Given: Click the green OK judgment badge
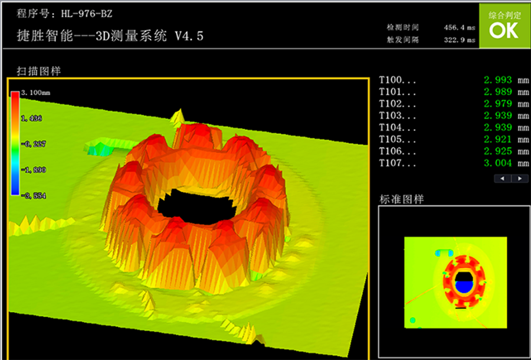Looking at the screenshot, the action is pos(504,26).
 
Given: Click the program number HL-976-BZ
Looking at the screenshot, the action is pos(87,14).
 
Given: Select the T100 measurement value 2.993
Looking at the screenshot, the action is pos(498,80).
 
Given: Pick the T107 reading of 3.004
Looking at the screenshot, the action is pos(498,163).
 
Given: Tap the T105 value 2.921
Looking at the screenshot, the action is pos(498,139).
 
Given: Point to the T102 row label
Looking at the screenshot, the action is pos(398,104).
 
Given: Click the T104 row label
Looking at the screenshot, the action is pos(398,127).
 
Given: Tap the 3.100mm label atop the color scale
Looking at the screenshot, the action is pos(35,93).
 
